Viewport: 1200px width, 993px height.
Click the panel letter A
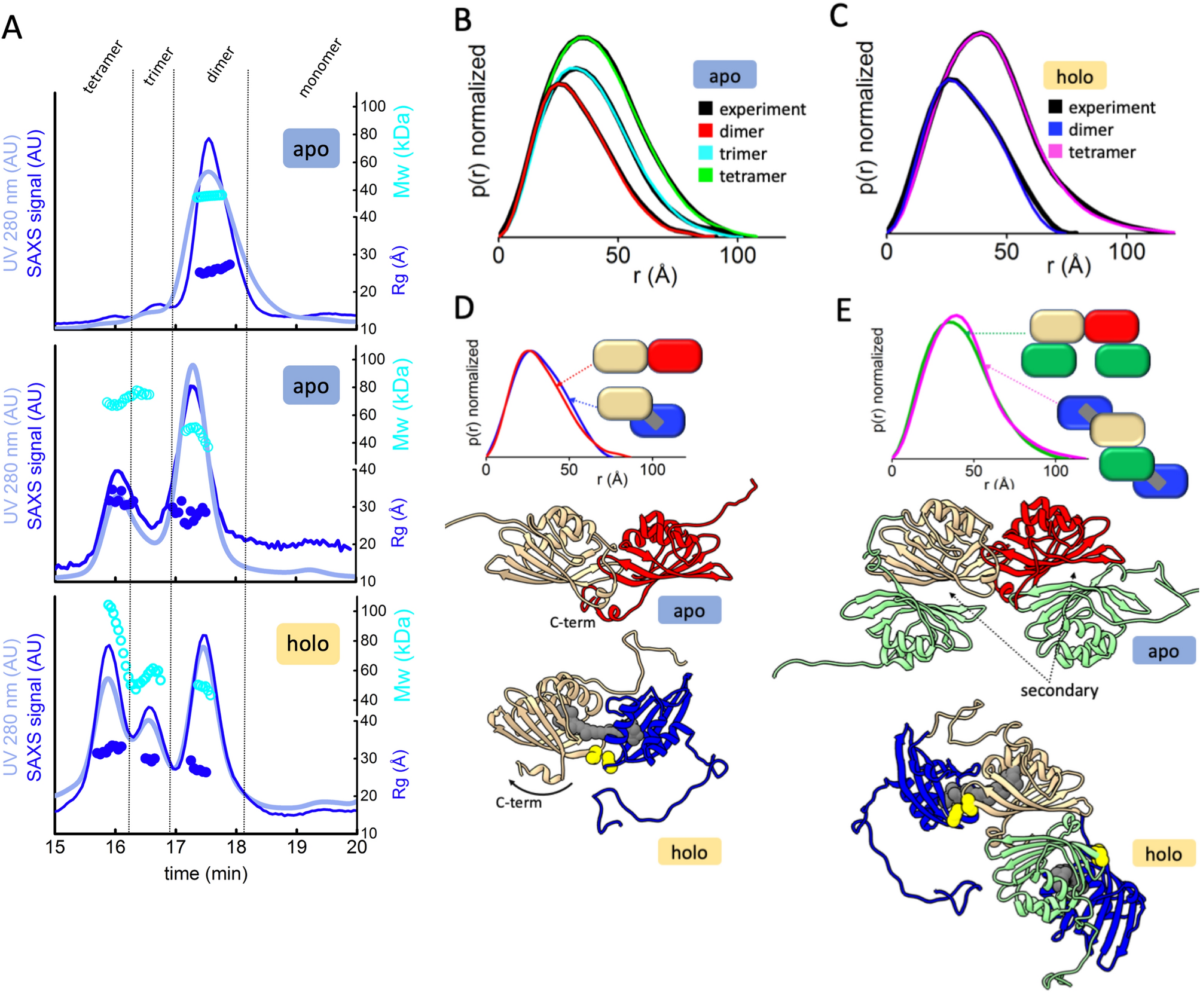click(12, 28)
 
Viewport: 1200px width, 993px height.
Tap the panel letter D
click(464, 308)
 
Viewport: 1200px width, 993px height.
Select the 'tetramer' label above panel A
click(103, 66)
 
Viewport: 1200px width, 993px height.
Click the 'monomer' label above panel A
click(320, 67)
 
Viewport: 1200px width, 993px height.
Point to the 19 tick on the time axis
click(297, 847)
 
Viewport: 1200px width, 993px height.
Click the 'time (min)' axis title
click(206, 874)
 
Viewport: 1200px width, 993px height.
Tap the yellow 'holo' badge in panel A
click(307, 644)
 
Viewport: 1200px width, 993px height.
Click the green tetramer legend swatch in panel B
click(706, 176)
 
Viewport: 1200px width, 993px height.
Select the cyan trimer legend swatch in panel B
click(706, 153)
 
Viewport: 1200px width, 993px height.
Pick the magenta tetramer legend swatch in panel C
click(1055, 151)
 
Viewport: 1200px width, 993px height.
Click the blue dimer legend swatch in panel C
click(1055, 129)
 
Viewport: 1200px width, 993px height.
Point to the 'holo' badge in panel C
click(1074, 77)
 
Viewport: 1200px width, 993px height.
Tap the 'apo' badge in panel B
click(725, 76)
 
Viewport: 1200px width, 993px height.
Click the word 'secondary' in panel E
click(1059, 690)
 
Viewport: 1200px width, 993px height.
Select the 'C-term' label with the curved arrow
click(518, 802)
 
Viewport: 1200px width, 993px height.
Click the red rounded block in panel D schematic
click(674, 356)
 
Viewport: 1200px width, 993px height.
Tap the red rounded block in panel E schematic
click(1111, 326)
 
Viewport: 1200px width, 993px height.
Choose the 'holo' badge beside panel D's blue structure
click(689, 852)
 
